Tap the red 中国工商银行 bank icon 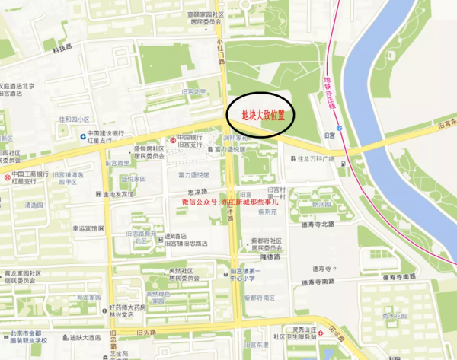click(x=7, y=177)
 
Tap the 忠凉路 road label click(x=198, y=191)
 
